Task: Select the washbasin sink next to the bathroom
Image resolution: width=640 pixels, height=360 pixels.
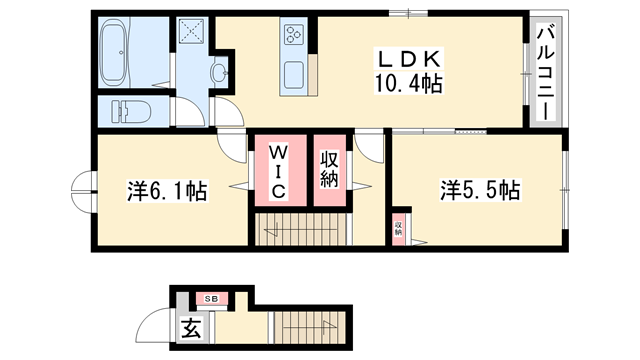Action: pyautogui.click(x=219, y=71)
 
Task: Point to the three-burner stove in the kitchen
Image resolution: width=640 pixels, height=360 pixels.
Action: pyautogui.click(x=296, y=35)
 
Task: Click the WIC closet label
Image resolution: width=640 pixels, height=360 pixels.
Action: pyautogui.click(x=279, y=170)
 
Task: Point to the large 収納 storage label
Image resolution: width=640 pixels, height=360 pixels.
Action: pyautogui.click(x=330, y=170)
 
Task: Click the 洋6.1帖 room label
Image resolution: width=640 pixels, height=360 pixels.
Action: pyautogui.click(x=167, y=190)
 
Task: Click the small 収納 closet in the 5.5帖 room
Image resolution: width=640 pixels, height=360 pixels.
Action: pyautogui.click(x=398, y=229)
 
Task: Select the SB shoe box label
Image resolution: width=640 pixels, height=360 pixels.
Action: pyautogui.click(x=211, y=298)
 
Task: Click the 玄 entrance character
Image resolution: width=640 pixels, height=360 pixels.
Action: pyautogui.click(x=190, y=327)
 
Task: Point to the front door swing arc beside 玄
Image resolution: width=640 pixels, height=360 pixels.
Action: pyautogui.click(x=156, y=325)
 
